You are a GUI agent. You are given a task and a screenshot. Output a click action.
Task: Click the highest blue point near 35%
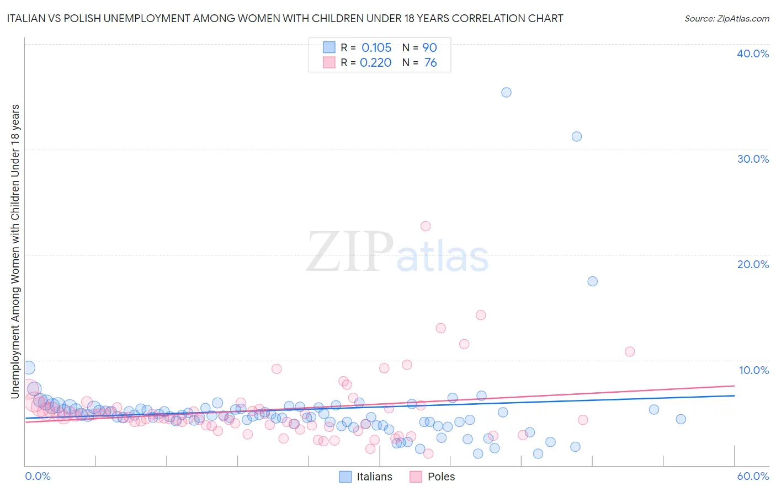(x=506, y=92)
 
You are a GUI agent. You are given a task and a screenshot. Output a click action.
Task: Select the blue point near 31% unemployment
(x=577, y=136)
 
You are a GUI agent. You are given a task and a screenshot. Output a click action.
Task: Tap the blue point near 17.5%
(x=592, y=281)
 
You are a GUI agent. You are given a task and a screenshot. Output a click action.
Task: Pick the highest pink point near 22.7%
(x=426, y=226)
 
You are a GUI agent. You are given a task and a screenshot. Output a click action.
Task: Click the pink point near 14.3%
(x=481, y=315)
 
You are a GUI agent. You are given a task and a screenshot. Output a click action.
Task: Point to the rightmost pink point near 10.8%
(x=630, y=351)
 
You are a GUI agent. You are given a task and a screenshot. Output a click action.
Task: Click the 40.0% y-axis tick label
(x=753, y=54)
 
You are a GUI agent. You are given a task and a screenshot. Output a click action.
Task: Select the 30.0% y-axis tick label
(x=753, y=159)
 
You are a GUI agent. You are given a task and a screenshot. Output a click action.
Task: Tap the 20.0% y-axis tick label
(x=753, y=264)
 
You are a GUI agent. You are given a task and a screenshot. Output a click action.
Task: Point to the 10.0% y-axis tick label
(x=753, y=370)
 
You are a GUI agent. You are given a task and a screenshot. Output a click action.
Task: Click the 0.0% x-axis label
(x=38, y=476)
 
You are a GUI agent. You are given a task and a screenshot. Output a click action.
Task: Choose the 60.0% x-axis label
(x=753, y=476)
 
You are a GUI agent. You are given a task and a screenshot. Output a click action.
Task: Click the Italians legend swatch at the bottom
(x=346, y=477)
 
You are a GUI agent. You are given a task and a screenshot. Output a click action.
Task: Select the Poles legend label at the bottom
(x=441, y=477)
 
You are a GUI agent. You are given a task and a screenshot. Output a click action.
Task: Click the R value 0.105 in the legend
(x=376, y=48)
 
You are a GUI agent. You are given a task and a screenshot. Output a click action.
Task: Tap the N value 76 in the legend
(x=430, y=63)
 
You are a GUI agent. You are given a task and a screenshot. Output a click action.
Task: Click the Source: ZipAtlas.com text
(x=726, y=18)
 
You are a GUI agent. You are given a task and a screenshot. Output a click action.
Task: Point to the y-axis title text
(x=15, y=251)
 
